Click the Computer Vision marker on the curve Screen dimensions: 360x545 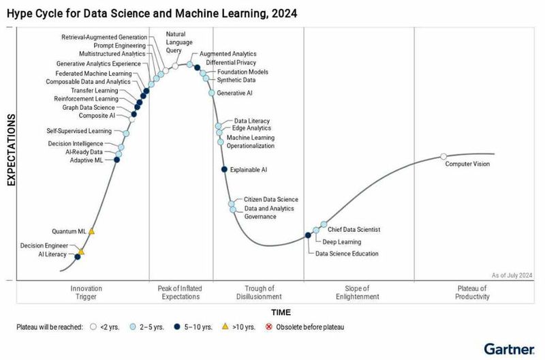click(x=443, y=157)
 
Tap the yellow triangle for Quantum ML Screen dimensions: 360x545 click(x=91, y=231)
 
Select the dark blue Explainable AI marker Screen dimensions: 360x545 click(x=224, y=169)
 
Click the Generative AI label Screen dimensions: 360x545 click(x=235, y=93)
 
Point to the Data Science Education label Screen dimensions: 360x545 click(x=347, y=254)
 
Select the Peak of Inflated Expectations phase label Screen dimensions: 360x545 click(x=181, y=292)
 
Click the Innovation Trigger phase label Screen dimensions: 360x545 click(x=86, y=292)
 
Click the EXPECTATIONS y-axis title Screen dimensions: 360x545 click(x=12, y=151)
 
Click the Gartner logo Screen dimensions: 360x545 click(x=508, y=348)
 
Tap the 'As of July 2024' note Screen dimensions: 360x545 click(x=512, y=275)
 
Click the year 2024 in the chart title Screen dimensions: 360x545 click(x=282, y=12)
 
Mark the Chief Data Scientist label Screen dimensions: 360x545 click(x=354, y=230)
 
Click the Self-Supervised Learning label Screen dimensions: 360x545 click(x=79, y=131)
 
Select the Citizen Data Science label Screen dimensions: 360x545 click(x=271, y=200)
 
